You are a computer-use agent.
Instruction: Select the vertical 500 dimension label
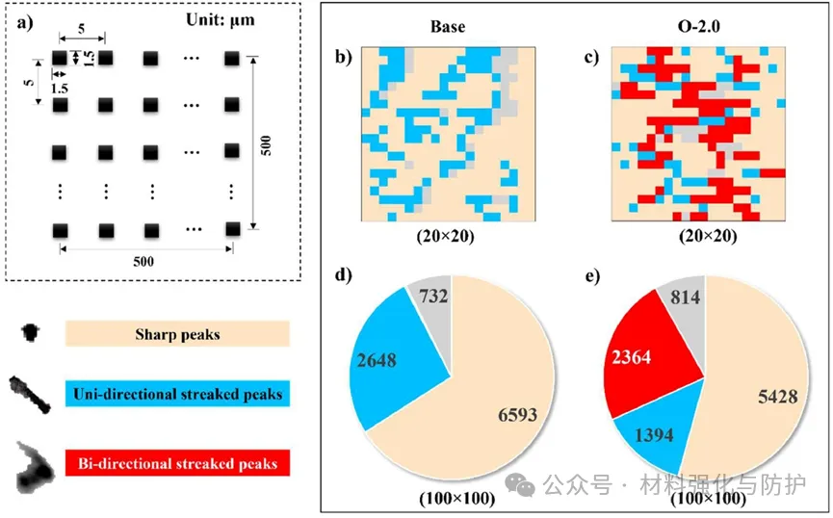[267, 144]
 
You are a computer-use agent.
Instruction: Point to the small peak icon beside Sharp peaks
[32, 333]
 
